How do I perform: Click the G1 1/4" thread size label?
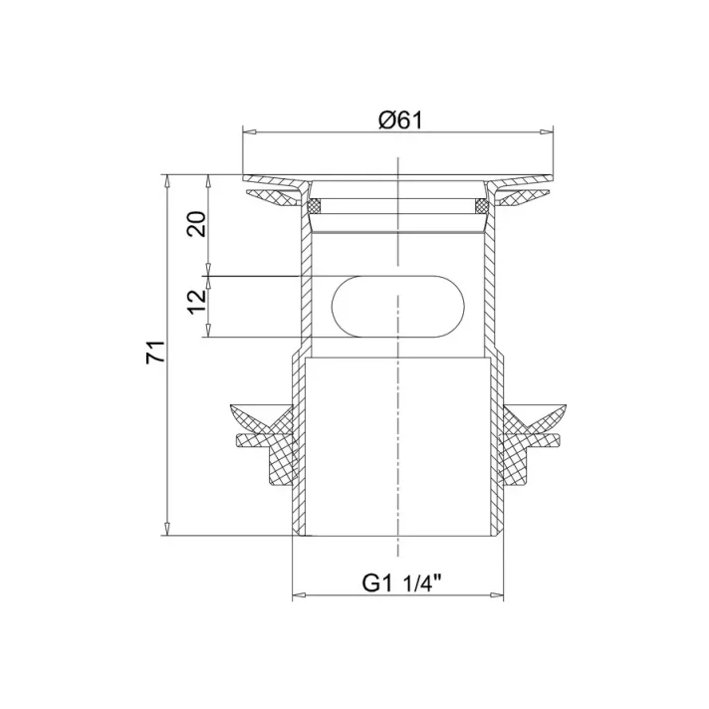(x=398, y=585)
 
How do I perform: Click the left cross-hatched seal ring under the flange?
(x=315, y=206)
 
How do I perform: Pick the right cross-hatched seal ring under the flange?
(x=480, y=206)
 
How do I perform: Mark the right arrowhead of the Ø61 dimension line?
(x=550, y=130)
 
